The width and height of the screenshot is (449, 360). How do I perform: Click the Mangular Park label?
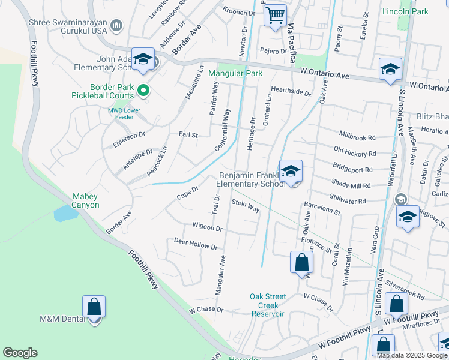pos(235,74)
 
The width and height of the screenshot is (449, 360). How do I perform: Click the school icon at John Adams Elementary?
pos(143,59)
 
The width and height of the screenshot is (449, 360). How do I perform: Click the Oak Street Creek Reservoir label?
pos(268,305)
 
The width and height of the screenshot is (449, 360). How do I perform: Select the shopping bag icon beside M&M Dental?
pos(94,307)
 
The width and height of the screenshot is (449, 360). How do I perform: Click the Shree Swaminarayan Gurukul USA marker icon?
pos(116,25)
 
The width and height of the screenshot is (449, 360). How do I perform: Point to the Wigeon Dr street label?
pos(207,227)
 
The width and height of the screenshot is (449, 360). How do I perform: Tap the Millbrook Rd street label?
pos(357,137)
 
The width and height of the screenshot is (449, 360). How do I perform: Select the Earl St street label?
pos(188,135)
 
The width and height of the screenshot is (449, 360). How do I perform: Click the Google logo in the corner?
pos(20,353)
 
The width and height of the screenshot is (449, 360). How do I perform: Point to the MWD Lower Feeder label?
pos(125,113)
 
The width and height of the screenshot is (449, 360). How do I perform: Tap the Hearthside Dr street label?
pos(291,92)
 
